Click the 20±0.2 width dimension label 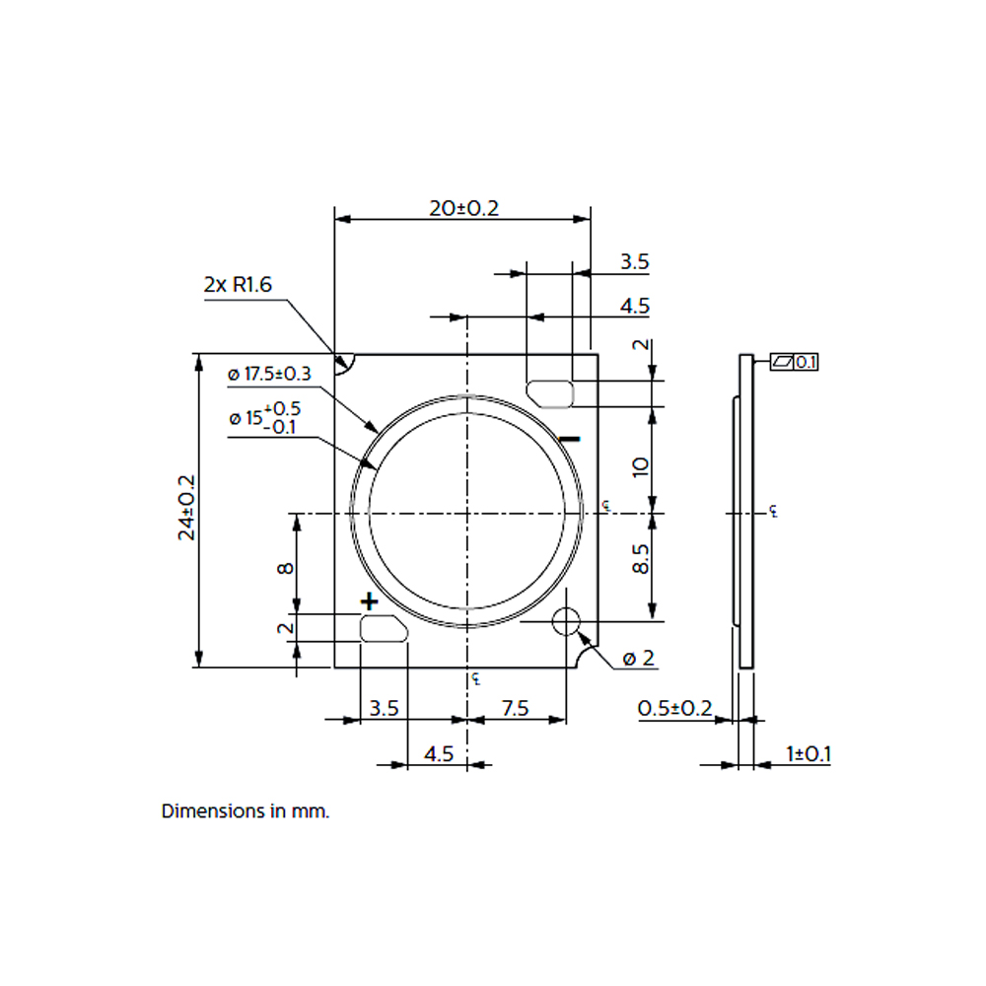point(464,208)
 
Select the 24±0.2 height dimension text point(186,508)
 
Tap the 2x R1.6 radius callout point(238,284)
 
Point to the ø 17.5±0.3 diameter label point(270,374)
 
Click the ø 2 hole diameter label point(638,659)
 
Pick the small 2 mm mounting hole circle point(566,621)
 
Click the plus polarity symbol point(369,601)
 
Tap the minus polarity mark point(570,439)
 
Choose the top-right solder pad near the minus point(550,393)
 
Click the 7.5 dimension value point(516,709)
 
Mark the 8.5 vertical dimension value point(640,559)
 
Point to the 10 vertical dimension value point(640,466)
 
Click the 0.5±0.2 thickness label point(674,709)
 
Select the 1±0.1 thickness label point(809,754)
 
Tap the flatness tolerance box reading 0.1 point(794,362)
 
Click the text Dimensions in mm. point(246,811)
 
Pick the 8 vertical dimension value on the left point(286,569)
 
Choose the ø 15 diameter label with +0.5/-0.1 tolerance point(265,418)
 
